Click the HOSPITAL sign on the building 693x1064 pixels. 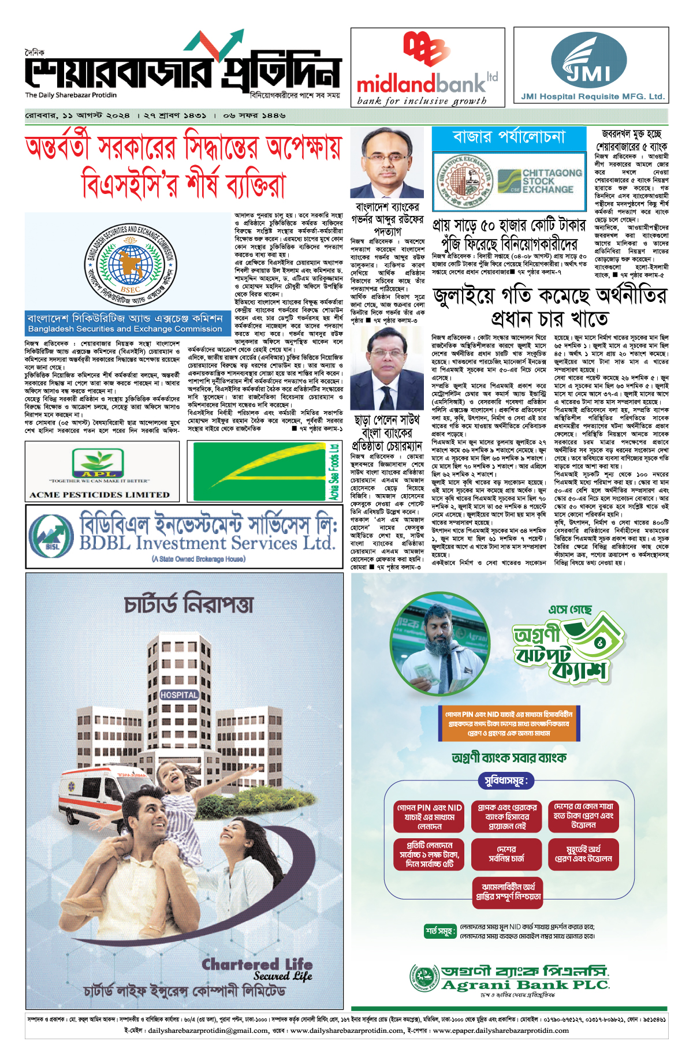tap(179, 695)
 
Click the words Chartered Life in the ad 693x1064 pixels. tap(257, 964)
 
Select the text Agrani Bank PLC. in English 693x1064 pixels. tap(525, 985)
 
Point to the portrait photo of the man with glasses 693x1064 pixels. tap(387, 163)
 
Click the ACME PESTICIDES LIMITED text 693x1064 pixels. tap(100, 495)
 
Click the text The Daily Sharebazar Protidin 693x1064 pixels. tap(70, 95)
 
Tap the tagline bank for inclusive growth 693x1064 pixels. tap(422, 101)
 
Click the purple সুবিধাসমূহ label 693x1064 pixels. tap(506, 781)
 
